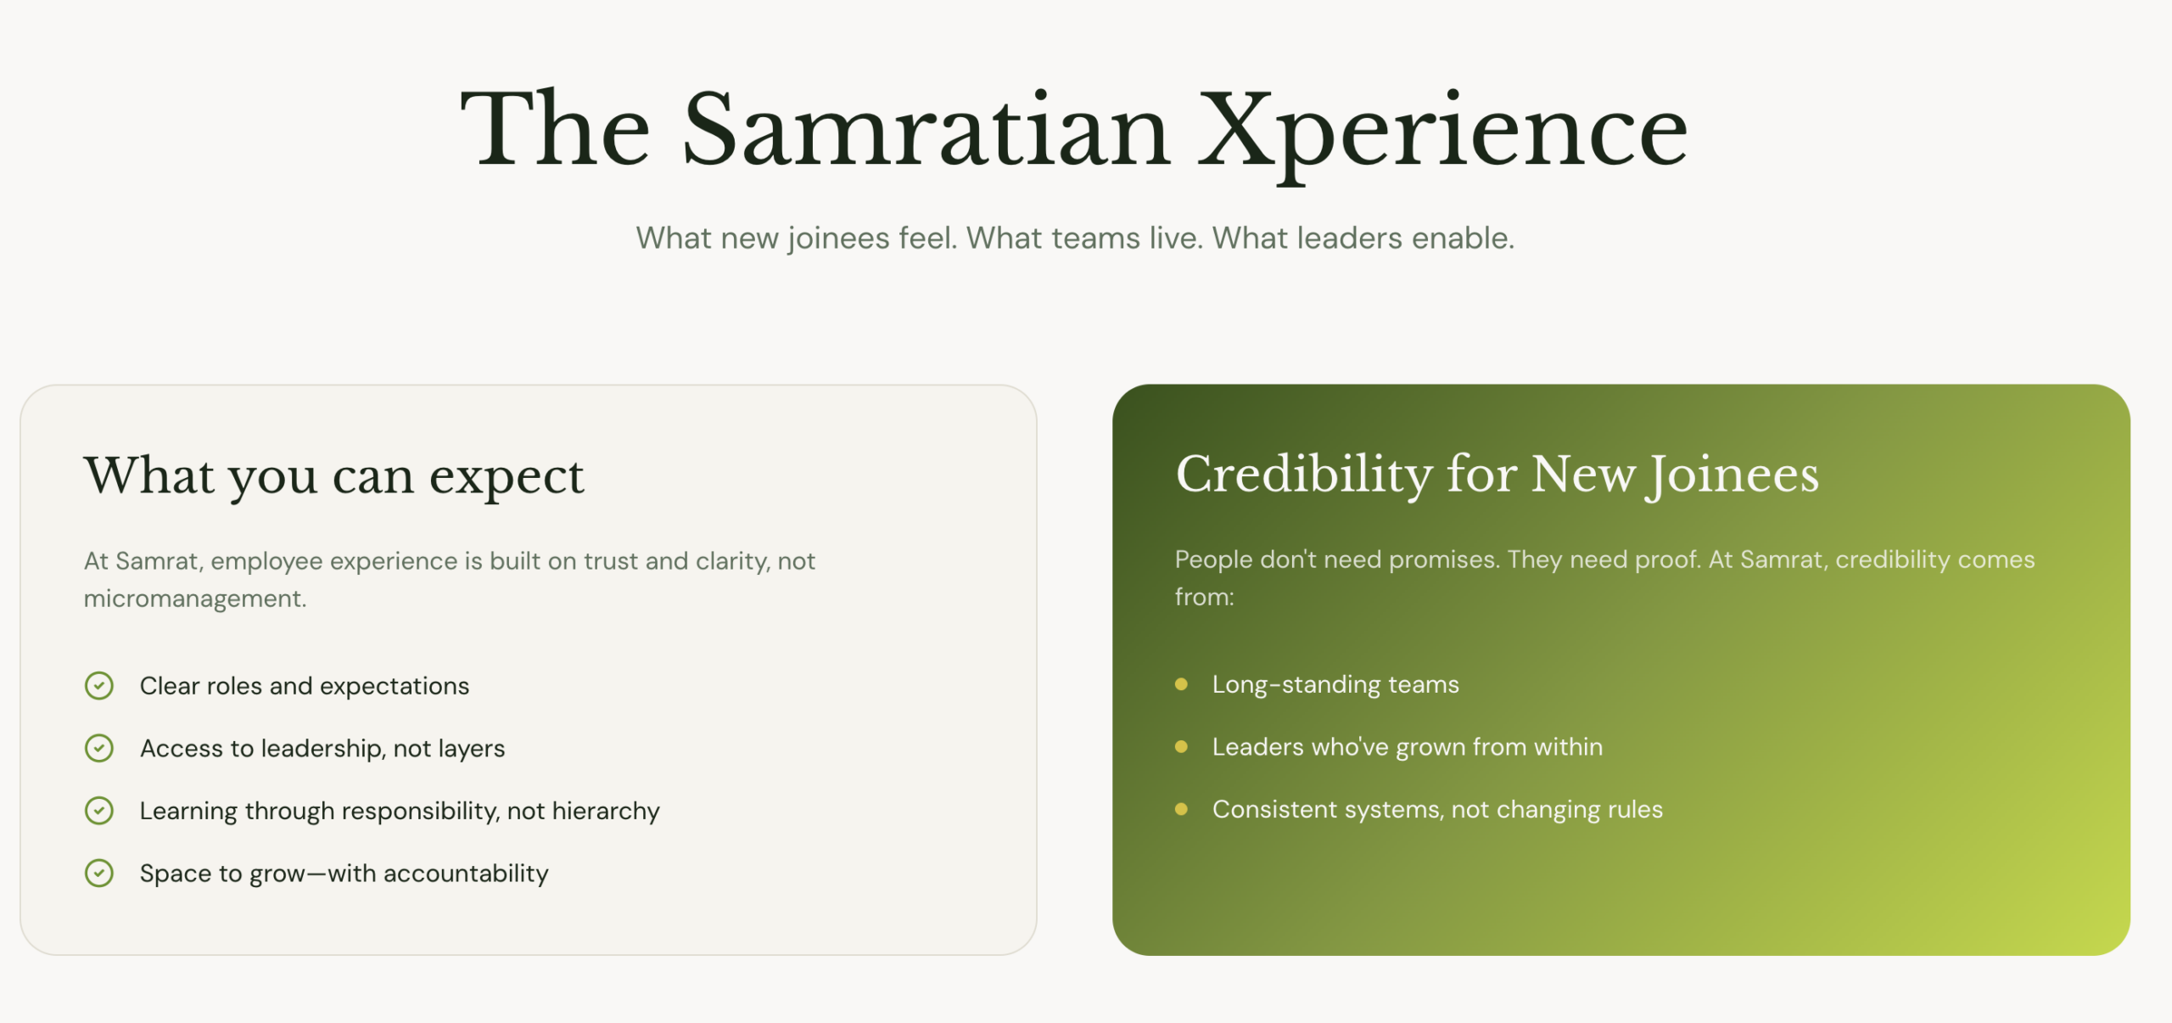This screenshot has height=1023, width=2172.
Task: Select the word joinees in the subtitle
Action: (x=839, y=239)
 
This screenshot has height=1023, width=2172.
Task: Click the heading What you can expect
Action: (x=333, y=475)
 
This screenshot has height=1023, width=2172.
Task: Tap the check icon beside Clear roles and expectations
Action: (x=99, y=685)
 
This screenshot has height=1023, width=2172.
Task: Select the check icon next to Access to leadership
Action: (x=99, y=748)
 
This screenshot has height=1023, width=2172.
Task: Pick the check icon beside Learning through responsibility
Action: (x=99, y=811)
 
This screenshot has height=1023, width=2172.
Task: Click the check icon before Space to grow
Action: (x=99, y=873)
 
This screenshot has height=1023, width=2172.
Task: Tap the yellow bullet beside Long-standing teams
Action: (x=1181, y=684)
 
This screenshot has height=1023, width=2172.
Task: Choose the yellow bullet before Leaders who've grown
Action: (x=1181, y=747)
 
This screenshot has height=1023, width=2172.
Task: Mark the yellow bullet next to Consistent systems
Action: (x=1181, y=809)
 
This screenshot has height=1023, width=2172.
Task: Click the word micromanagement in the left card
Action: (x=195, y=599)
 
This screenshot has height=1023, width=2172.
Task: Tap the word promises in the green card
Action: (x=1444, y=560)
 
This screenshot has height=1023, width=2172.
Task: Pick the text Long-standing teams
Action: (x=1335, y=684)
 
